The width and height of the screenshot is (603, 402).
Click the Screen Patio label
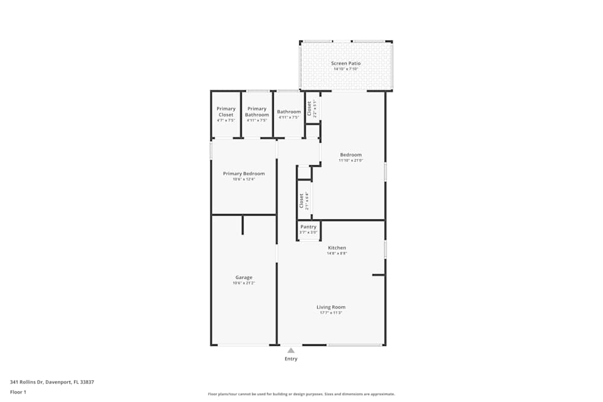point(346,63)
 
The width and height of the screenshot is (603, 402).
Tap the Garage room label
point(244,277)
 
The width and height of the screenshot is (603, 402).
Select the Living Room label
point(331,307)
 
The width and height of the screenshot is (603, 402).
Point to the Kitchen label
point(336,248)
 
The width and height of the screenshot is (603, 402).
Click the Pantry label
point(308,227)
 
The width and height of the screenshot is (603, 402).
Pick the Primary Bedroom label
point(244,174)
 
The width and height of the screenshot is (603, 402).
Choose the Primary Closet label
point(226,111)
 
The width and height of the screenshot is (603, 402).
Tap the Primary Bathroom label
point(257,111)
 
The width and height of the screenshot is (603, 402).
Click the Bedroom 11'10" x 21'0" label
point(351,155)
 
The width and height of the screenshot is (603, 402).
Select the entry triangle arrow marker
point(291,350)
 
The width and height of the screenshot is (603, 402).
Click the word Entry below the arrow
point(291,359)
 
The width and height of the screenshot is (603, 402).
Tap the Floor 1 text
point(18,392)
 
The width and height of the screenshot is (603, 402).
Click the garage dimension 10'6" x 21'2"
point(244,283)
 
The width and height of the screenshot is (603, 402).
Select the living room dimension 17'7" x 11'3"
point(331,313)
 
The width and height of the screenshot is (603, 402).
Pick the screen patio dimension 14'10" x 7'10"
point(346,69)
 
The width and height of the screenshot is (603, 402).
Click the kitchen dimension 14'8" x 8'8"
point(336,254)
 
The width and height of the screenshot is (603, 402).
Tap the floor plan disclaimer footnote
point(301,394)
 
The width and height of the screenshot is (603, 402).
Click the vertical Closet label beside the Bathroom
point(309,108)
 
